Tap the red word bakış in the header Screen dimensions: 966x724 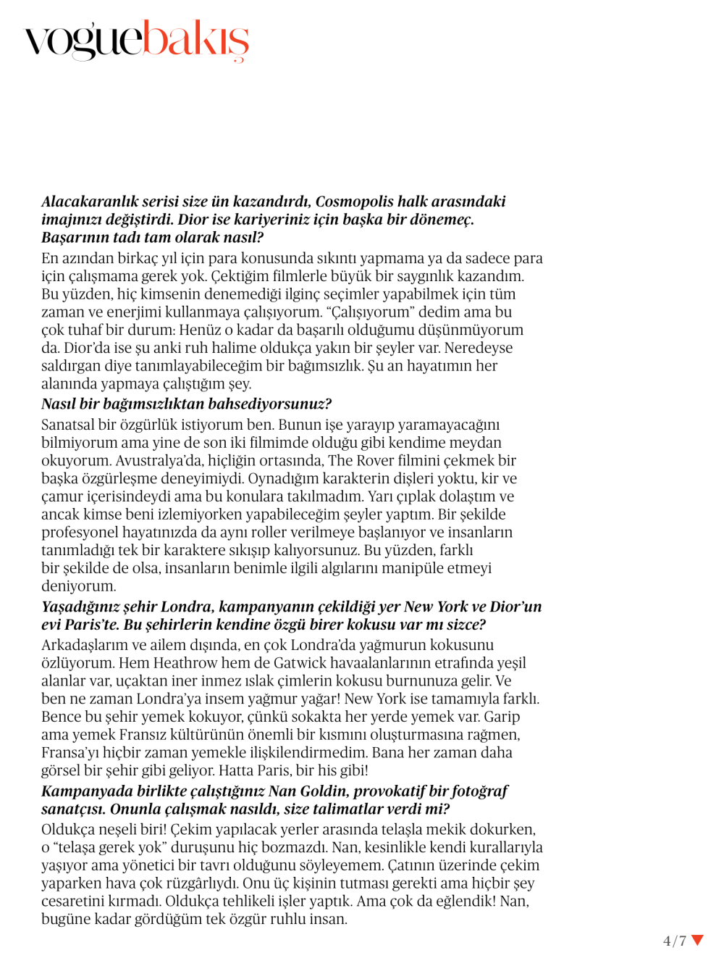point(195,40)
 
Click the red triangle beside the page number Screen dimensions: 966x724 point(697,941)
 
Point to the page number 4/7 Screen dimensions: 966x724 point(674,941)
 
